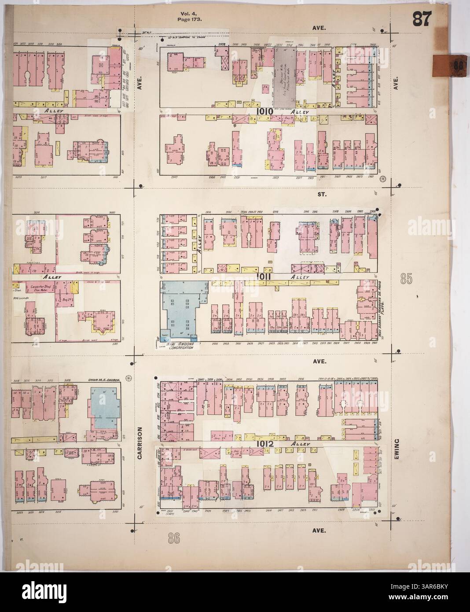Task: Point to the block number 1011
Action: click(265, 276)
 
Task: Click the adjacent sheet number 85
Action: click(407, 278)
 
